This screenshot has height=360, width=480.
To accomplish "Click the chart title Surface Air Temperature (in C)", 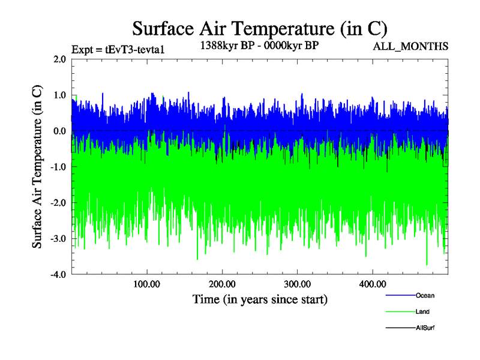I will [260, 28].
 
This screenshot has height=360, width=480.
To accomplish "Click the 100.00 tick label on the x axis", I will [147, 284].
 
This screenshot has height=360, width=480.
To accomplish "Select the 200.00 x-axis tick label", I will [222, 284].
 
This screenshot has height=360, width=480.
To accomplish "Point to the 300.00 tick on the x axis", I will [297, 284].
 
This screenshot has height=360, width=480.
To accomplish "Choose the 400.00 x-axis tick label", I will [372, 284].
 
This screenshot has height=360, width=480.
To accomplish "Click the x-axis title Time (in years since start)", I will [260, 299].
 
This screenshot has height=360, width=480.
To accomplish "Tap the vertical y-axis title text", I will [37, 167].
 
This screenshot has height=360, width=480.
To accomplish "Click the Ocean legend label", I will [425, 296].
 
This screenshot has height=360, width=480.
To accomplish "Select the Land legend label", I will [422, 312].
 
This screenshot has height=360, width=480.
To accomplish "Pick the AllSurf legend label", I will [425, 328].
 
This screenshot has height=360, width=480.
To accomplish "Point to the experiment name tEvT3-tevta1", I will [134, 50].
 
